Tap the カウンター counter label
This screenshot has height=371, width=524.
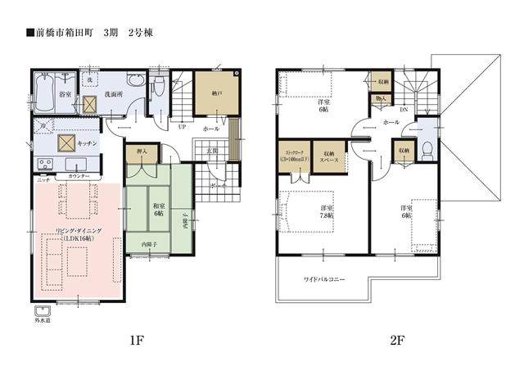(79, 176)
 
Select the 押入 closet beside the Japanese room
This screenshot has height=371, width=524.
(141, 153)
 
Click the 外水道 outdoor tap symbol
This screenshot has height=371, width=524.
(43, 314)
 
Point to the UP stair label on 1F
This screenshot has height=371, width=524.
(181, 128)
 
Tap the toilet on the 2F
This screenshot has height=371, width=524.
(427, 149)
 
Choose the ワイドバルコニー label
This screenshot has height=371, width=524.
(324, 280)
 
